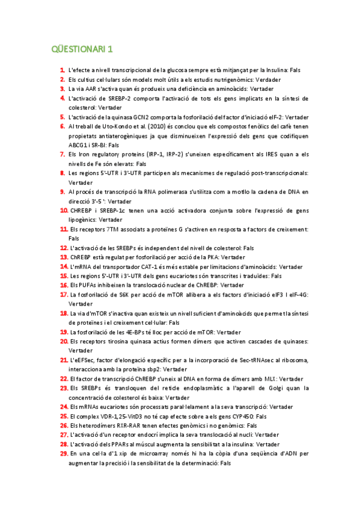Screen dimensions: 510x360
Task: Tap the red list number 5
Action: tap(63, 117)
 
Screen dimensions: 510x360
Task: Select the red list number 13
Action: tap(64, 257)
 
